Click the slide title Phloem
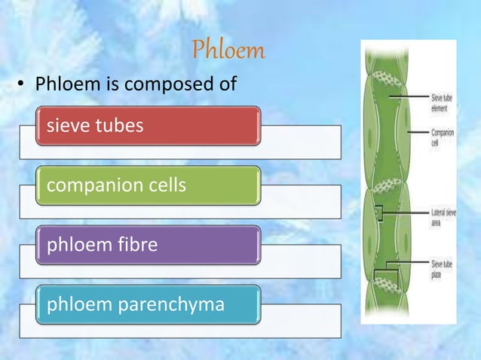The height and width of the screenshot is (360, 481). [228, 50]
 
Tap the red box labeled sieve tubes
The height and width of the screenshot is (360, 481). [149, 126]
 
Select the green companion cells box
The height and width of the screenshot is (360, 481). [149, 185]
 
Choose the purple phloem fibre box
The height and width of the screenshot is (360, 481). [149, 245]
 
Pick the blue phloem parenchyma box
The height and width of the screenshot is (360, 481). [149, 304]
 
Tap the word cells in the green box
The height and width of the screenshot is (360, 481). [164, 185]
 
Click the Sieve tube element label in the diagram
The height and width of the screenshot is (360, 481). [441, 102]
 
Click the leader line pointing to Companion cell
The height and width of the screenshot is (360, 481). [418, 133]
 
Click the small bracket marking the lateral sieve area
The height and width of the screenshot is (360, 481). [382, 215]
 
